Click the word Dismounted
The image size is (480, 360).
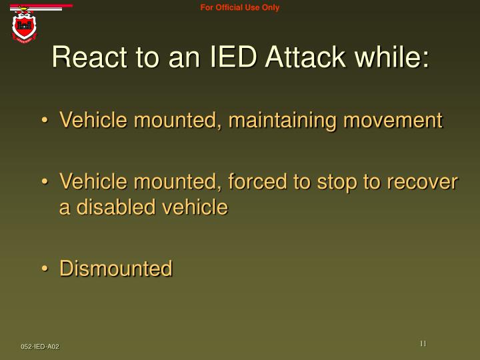tap(116, 269)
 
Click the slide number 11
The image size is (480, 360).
tap(423, 343)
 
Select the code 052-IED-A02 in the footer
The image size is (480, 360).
tap(39, 347)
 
